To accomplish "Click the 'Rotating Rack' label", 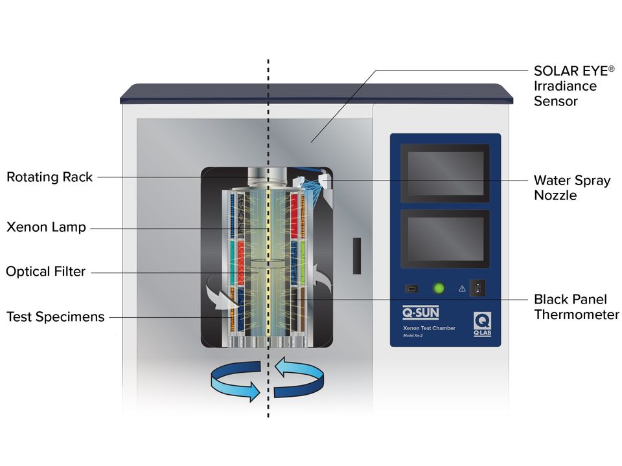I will point(50,177).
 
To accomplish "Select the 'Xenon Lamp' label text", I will point(46,227).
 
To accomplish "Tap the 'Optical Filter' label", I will point(45,272).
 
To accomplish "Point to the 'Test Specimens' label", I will point(55,316).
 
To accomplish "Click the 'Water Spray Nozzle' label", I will point(571,187).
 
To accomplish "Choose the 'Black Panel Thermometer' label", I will point(576,307).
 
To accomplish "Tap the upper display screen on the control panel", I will point(444,173).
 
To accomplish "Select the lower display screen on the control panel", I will point(444,238).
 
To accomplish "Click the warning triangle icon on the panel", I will point(462,289).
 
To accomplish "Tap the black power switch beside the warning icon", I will point(478,288).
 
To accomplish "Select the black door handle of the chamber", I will point(356,255).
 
